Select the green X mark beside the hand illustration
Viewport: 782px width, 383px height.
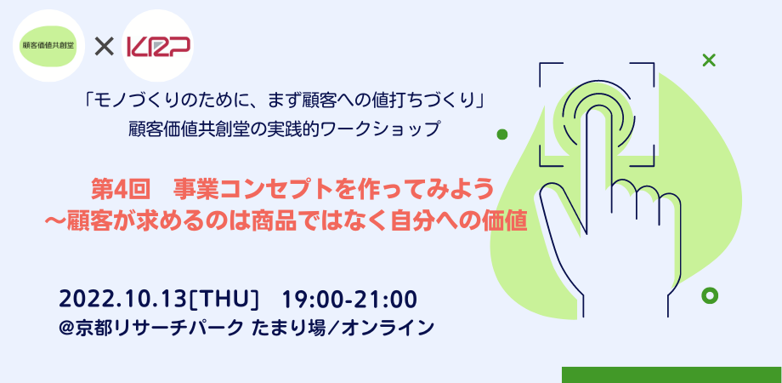click(708, 60)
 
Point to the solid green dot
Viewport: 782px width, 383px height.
click(502, 134)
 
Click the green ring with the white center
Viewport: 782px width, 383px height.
click(710, 296)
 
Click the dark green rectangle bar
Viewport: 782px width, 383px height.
click(671, 374)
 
